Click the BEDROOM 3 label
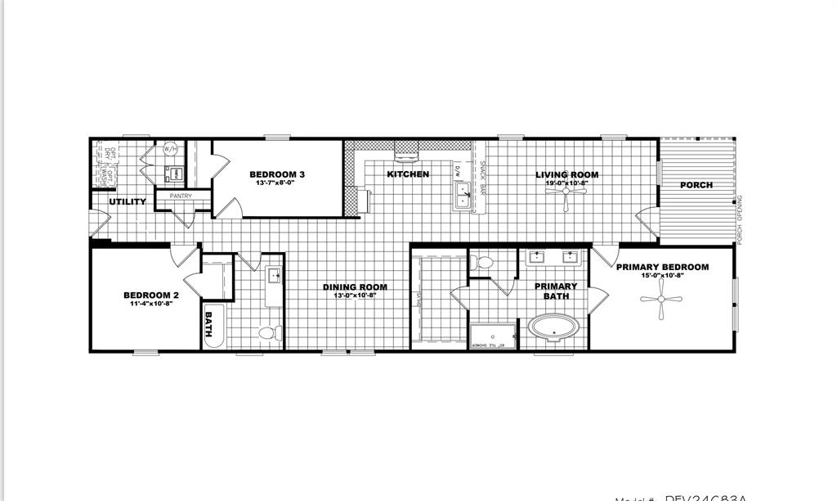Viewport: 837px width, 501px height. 277,174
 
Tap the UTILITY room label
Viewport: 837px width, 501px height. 128,201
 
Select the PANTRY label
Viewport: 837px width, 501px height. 181,196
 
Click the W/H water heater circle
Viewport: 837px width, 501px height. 171,149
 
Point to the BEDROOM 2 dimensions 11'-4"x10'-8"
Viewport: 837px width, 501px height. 150,304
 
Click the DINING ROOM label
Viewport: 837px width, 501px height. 355,287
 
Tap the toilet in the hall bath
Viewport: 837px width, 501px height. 269,332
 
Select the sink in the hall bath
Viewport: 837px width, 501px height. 275,276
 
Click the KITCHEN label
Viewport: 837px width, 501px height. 408,174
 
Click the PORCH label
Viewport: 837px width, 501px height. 696,185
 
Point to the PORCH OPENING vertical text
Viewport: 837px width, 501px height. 741,219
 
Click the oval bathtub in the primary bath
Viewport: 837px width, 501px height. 554,327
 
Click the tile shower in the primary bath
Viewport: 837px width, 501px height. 493,336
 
